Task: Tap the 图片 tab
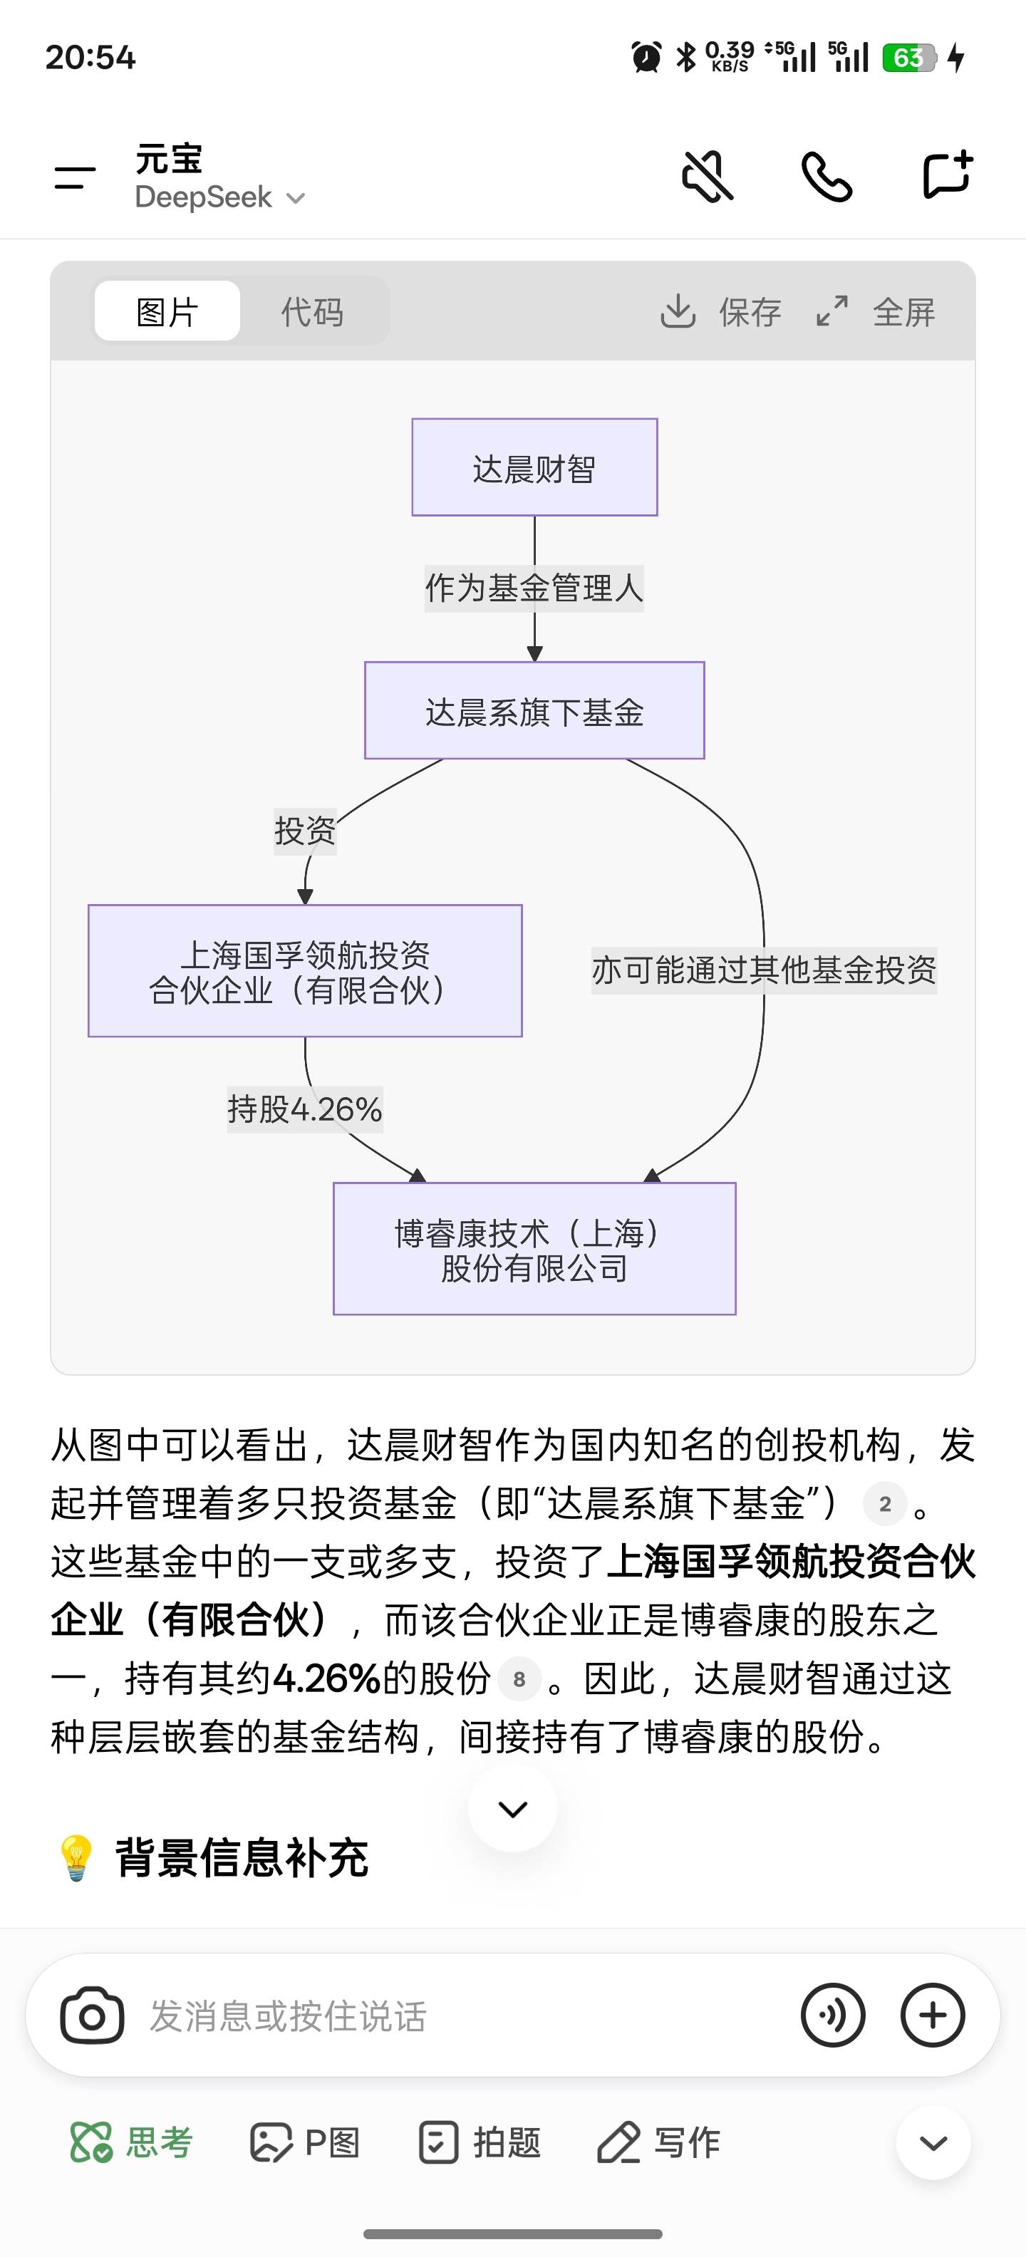click(x=167, y=311)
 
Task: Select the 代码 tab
click(x=312, y=311)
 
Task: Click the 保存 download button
click(x=720, y=311)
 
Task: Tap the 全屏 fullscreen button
click(x=876, y=311)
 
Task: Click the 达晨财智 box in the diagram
click(x=534, y=468)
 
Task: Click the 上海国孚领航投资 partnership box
click(x=305, y=971)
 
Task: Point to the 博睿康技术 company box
click(x=534, y=1248)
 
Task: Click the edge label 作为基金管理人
click(x=534, y=588)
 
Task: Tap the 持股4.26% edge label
click(x=305, y=1109)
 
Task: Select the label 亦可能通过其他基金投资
click(x=764, y=970)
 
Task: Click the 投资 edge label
click(x=305, y=831)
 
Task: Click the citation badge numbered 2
click(x=885, y=1505)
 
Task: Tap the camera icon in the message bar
click(x=92, y=2015)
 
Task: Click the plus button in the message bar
click(x=932, y=2015)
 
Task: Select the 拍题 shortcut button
click(x=480, y=2142)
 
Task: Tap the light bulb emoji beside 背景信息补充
click(x=76, y=1857)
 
